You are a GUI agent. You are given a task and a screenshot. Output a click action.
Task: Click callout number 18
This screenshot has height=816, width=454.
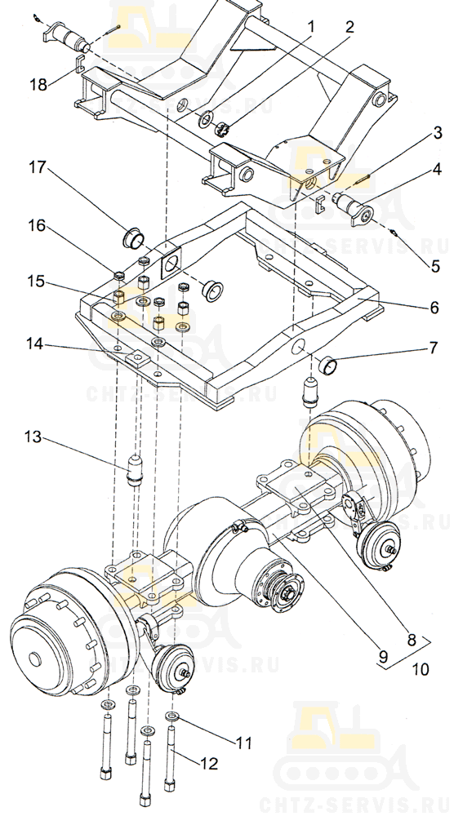(x=38, y=84)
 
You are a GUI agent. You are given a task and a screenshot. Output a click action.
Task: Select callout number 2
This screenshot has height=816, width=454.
(x=349, y=27)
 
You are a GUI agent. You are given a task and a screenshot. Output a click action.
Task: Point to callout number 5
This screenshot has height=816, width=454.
(x=435, y=266)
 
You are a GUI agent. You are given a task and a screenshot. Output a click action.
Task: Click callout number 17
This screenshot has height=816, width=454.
(x=38, y=167)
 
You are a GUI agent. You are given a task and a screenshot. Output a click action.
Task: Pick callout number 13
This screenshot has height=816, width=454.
(x=33, y=436)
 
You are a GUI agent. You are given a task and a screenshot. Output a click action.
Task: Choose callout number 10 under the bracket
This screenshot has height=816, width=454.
(x=421, y=669)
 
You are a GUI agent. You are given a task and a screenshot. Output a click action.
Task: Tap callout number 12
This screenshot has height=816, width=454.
(x=209, y=764)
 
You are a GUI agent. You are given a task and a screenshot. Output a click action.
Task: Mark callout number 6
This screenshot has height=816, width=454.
(x=434, y=307)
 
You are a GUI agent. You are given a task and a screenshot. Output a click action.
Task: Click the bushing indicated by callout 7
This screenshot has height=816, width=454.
(x=328, y=366)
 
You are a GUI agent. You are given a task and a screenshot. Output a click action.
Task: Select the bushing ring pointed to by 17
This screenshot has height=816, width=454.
(x=133, y=240)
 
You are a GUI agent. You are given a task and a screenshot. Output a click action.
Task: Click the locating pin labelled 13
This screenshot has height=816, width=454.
(x=135, y=471)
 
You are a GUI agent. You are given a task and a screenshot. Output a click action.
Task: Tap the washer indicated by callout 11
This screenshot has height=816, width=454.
(x=171, y=716)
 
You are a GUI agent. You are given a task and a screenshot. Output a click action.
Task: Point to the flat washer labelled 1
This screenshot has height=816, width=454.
(x=206, y=119)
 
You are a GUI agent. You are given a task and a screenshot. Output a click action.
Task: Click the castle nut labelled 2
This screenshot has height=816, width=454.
(x=222, y=129)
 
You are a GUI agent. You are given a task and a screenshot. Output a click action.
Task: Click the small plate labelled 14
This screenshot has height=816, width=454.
(x=137, y=358)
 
